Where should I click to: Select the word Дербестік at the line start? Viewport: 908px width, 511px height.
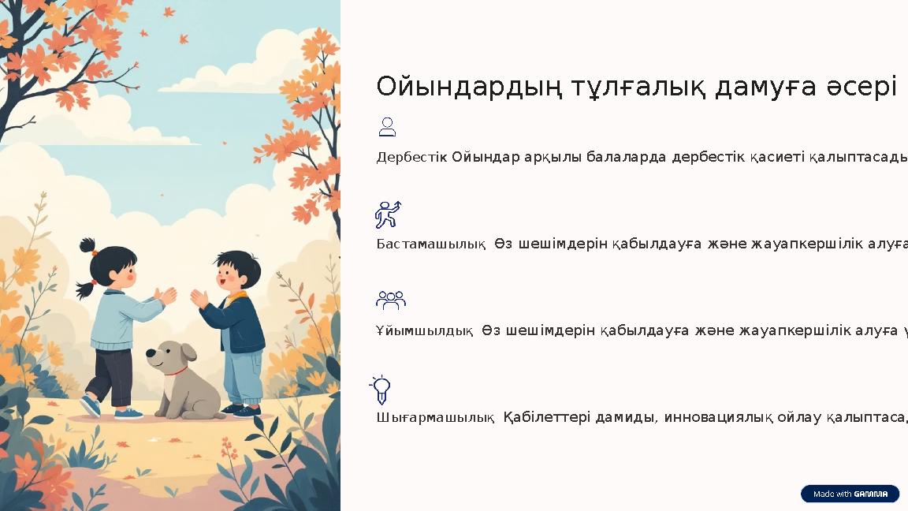(411, 157)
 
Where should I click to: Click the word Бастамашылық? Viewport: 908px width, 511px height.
(430, 244)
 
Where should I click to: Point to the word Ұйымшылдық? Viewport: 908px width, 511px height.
(424, 330)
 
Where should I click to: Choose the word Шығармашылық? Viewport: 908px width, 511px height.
(435, 417)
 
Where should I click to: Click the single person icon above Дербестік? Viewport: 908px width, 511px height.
(387, 127)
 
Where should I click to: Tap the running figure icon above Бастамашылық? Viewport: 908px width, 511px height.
(388, 214)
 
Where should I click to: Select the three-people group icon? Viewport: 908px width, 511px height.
(390, 300)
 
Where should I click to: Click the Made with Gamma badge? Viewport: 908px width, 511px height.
(850, 494)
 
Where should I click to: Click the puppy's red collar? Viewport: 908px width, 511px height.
(177, 370)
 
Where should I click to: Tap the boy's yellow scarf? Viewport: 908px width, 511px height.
(239, 297)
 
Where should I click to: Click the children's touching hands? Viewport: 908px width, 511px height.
(180, 297)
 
